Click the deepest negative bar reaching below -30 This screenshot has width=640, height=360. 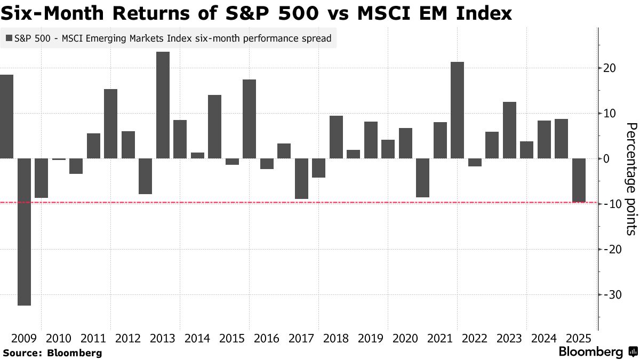[24, 232]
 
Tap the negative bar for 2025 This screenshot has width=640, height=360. [579, 180]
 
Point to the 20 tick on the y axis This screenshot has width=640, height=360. [610, 68]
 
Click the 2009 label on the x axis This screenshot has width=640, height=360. [25, 338]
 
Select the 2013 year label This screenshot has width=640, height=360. [163, 338]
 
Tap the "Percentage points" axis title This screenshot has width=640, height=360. [631, 179]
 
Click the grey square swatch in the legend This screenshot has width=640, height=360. [9, 38]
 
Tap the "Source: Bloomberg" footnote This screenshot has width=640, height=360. [52, 353]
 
